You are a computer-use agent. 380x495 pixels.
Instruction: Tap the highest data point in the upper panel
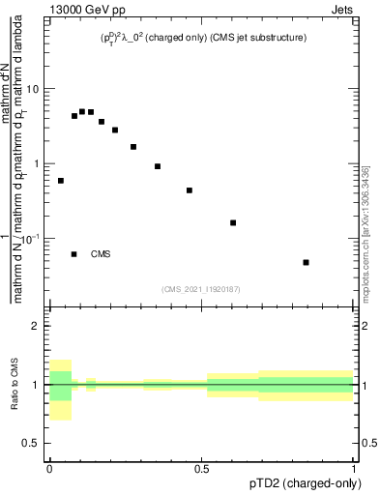coord(82,111)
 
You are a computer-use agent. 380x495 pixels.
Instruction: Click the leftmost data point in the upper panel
coord(61,181)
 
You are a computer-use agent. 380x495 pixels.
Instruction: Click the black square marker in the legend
coord(73,254)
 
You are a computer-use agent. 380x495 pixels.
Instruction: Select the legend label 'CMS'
coord(101,254)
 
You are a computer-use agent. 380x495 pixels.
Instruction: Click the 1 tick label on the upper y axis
coord(38,163)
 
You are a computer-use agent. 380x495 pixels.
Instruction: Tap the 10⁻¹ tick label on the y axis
coord(32,238)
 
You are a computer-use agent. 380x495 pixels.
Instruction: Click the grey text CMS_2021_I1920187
coord(200,289)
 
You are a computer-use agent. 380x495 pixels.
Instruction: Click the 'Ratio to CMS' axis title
coord(15,385)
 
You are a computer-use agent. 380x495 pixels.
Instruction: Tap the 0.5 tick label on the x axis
coord(201,469)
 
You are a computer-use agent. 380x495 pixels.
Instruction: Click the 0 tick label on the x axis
coord(49,469)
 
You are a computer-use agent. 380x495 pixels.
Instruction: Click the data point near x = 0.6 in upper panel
coord(233,222)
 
